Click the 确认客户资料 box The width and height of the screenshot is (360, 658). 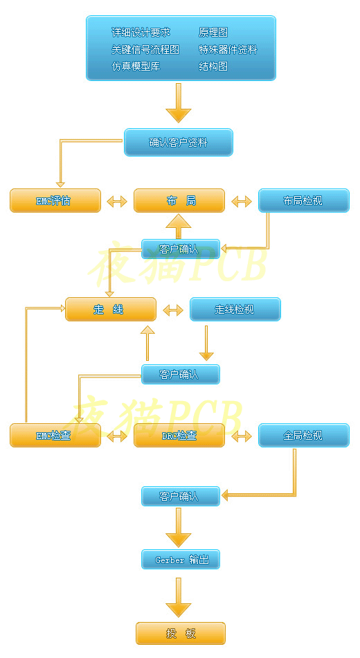click(x=179, y=142)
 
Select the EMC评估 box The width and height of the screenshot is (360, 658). click(x=55, y=201)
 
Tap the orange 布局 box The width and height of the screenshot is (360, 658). click(x=179, y=201)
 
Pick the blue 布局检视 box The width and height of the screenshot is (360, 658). click(x=304, y=201)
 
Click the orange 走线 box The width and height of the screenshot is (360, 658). click(x=111, y=310)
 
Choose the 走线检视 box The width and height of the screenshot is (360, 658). click(x=235, y=310)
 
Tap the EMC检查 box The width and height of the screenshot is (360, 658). click(x=55, y=435)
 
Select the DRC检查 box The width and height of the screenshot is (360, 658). click(x=179, y=435)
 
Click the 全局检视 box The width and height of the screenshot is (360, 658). click(x=304, y=435)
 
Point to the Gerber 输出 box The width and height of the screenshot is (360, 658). click(x=181, y=560)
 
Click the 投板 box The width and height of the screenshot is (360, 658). click(x=181, y=633)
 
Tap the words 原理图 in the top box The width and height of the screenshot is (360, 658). click(x=213, y=33)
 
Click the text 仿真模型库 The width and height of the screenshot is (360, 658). click(x=136, y=66)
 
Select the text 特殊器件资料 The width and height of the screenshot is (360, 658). click(x=228, y=49)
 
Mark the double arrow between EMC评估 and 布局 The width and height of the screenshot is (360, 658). click(x=117, y=202)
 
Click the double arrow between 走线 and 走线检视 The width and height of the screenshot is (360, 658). click(x=173, y=310)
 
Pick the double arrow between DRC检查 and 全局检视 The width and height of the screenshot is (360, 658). click(x=242, y=436)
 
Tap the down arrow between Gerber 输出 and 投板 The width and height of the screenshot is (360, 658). click(x=179, y=597)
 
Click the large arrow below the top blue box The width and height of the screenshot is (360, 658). click(x=179, y=103)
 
